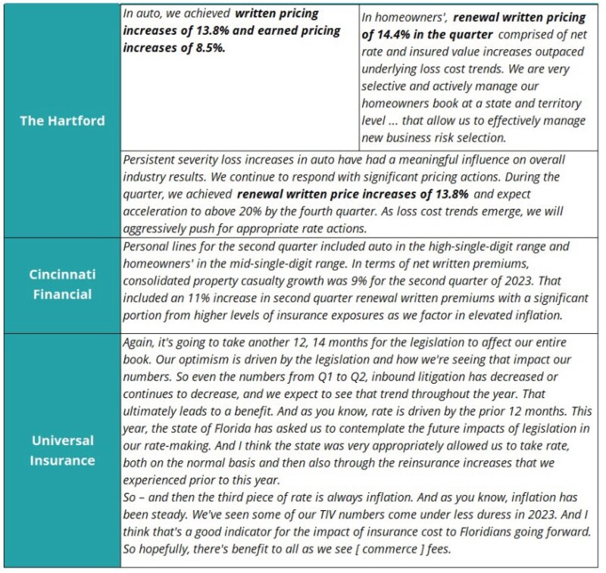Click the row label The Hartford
pyautogui.click(x=62, y=120)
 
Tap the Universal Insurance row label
pyautogui.click(x=62, y=450)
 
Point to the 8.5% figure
pyautogui.click(x=213, y=46)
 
